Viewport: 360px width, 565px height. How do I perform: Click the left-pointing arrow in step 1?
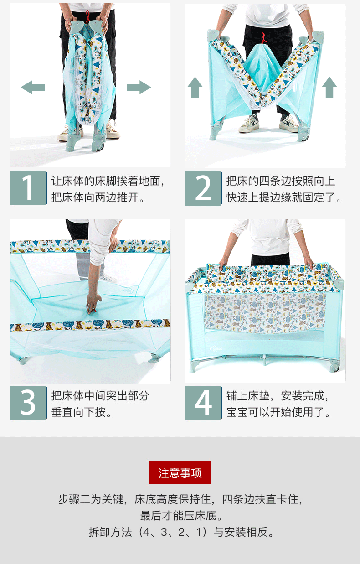pos(33,87)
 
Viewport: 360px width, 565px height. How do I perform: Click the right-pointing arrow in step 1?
pos(139,87)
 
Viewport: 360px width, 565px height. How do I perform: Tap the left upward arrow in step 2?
pos(195,88)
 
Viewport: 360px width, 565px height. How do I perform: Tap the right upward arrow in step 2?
pos(329,88)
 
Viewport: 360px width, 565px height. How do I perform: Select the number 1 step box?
pos(29,188)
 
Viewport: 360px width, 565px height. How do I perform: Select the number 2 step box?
pos(203,188)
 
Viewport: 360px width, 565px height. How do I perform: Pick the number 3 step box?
pos(29,403)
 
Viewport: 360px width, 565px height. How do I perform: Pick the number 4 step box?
pos(203,403)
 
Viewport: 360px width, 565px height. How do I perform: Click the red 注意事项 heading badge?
pos(180,473)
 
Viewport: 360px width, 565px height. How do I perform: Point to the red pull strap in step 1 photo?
pos(87,17)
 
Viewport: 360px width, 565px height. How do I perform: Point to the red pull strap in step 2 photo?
pos(263,38)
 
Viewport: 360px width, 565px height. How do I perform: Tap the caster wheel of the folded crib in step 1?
pos(99,146)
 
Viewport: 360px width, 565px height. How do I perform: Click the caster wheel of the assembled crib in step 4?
pos(335,368)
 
